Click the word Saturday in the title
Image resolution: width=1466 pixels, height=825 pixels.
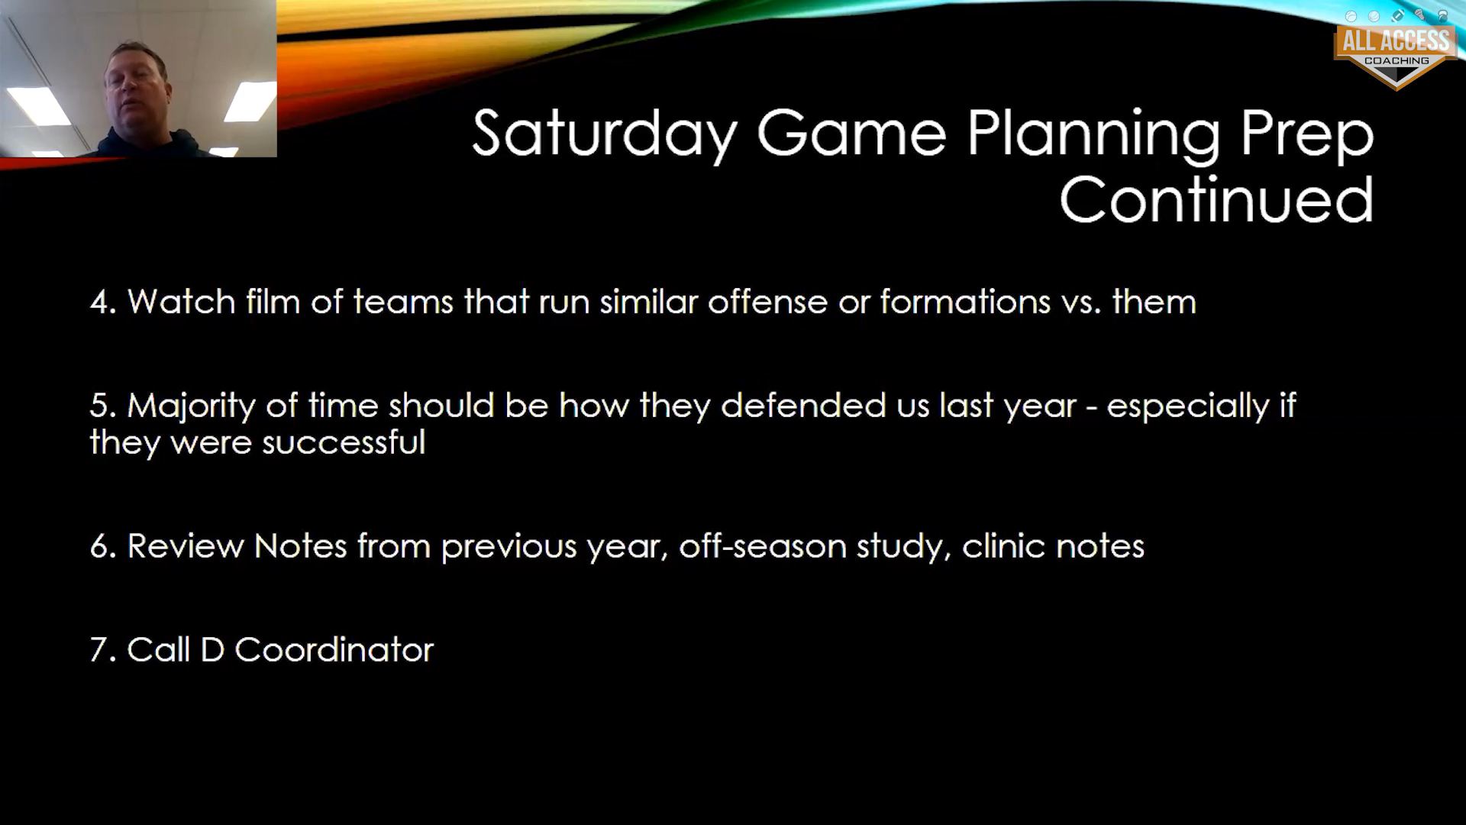click(605, 134)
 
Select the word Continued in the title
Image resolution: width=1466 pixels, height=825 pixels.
click(1216, 199)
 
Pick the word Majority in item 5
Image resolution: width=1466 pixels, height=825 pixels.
click(191, 406)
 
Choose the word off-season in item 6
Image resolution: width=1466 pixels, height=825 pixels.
click(763, 545)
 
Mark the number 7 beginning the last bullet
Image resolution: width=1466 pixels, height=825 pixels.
click(102, 650)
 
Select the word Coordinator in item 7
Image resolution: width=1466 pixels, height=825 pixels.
click(334, 649)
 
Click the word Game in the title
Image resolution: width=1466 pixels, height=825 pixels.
click(852, 134)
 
